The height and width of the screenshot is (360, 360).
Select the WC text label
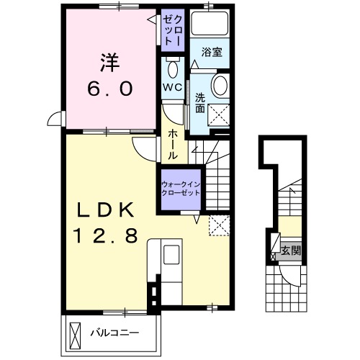[172, 87]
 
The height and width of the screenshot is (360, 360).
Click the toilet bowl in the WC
[172, 69]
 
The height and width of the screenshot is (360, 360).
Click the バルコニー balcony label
[113, 333]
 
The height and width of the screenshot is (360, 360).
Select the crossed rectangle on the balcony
[76, 333]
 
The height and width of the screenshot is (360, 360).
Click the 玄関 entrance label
[291, 251]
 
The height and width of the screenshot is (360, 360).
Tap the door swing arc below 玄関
[291, 276]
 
